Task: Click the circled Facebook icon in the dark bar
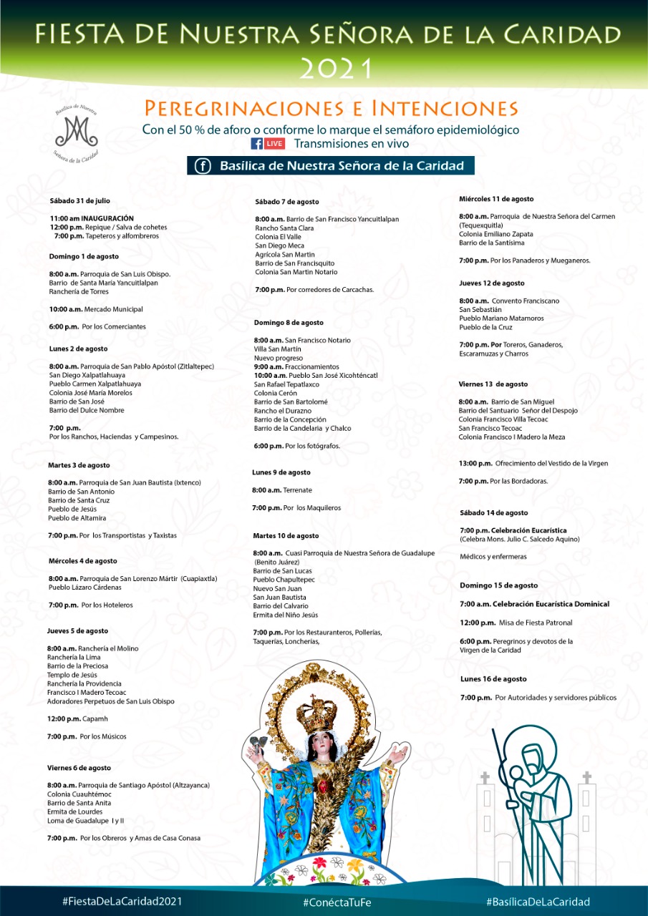pyautogui.click(x=203, y=166)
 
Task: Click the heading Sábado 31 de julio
pyautogui.click(x=79, y=200)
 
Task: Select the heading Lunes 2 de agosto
pyautogui.click(x=78, y=349)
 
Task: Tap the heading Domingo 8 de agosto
pyautogui.click(x=289, y=323)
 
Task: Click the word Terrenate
pyautogui.click(x=299, y=490)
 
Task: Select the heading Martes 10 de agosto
pyautogui.click(x=286, y=535)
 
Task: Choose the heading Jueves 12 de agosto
pyautogui.click(x=491, y=283)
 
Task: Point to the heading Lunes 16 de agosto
pyautogui.click(x=493, y=678)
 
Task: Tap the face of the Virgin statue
pyautogui.click(x=317, y=748)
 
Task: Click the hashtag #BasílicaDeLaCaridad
pyautogui.click(x=537, y=902)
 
